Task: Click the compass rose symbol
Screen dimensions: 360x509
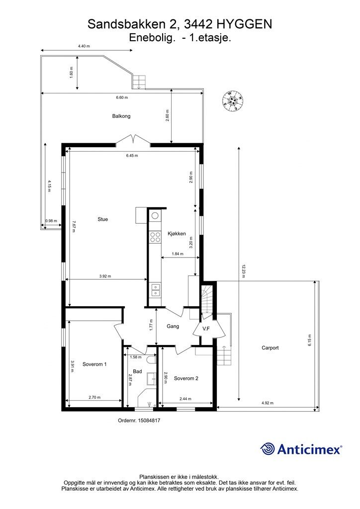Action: point(232,100)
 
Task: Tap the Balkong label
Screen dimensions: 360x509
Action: point(121,116)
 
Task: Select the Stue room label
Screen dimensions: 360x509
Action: point(102,219)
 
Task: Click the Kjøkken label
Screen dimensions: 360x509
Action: point(177,234)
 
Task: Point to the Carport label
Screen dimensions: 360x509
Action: point(270,347)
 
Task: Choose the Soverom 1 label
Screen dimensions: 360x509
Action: point(94,364)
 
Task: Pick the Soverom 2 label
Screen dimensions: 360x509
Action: point(186,378)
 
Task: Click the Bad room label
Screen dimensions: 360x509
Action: point(137,371)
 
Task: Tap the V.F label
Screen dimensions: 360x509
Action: point(206,329)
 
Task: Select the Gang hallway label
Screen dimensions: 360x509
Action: point(173,326)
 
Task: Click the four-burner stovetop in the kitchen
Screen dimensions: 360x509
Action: point(155,237)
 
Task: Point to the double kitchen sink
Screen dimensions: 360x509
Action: point(155,290)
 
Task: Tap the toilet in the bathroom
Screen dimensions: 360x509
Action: point(151,360)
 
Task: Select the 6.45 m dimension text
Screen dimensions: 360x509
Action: point(132,156)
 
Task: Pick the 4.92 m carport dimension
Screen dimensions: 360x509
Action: point(268,403)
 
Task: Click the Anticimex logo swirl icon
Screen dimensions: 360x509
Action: point(268,449)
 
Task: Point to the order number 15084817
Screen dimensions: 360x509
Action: point(149,420)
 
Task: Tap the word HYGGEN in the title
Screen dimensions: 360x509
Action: point(244,24)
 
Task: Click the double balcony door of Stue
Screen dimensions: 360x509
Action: point(133,140)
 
